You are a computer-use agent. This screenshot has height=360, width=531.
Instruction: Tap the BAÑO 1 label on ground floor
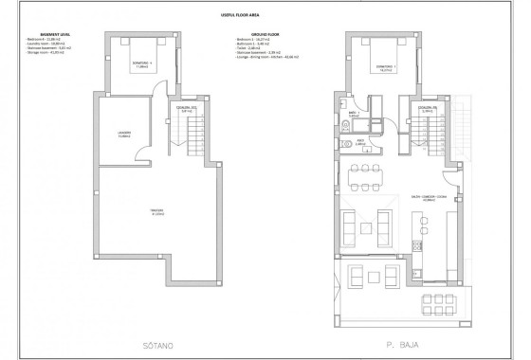click(x=352, y=114)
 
